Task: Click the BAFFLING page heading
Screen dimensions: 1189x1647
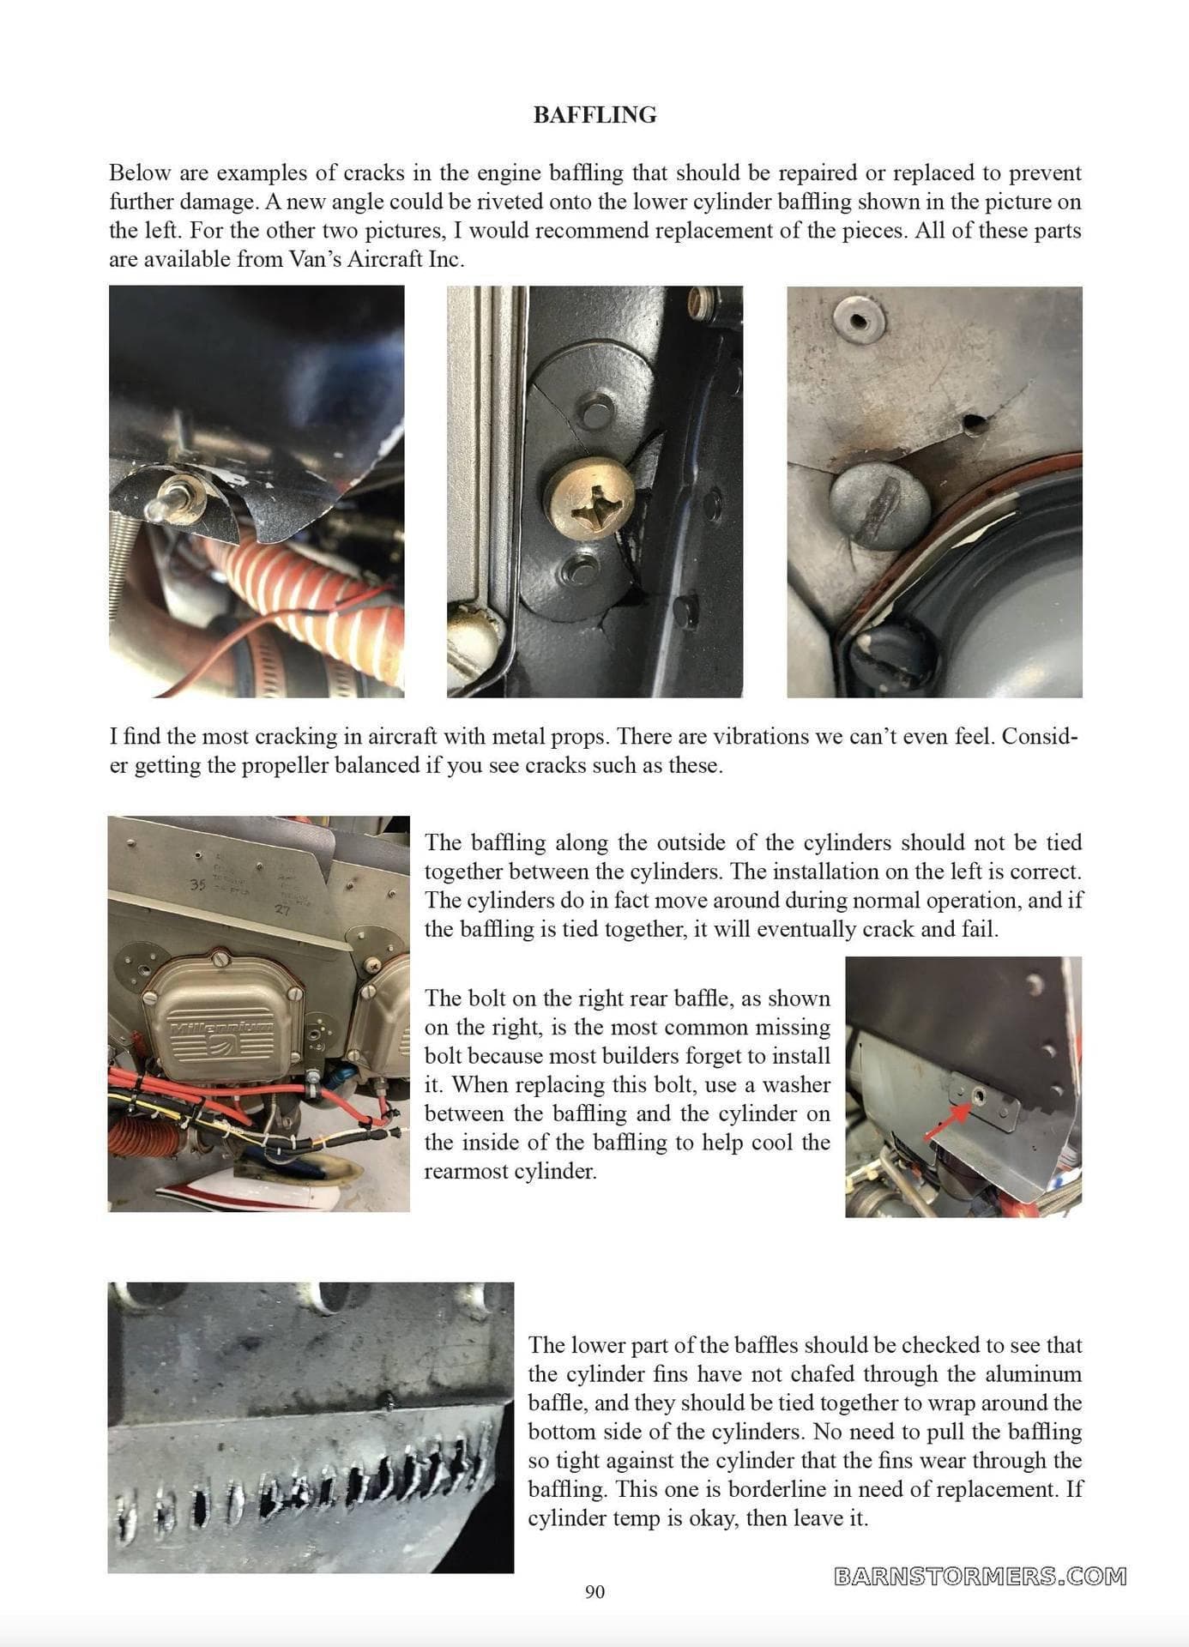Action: coord(594,115)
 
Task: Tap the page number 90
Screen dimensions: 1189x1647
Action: coord(594,1592)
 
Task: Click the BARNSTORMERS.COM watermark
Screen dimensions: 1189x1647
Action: coord(980,1576)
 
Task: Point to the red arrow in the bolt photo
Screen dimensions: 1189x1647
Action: coord(947,1121)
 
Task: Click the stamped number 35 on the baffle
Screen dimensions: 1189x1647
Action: coord(198,885)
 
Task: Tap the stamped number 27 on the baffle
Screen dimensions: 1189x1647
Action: coord(282,910)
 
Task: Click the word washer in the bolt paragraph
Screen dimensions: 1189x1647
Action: coord(796,1085)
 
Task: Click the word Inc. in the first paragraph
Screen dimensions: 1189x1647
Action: coord(445,259)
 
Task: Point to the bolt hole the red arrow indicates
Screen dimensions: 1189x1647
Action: coord(979,1096)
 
